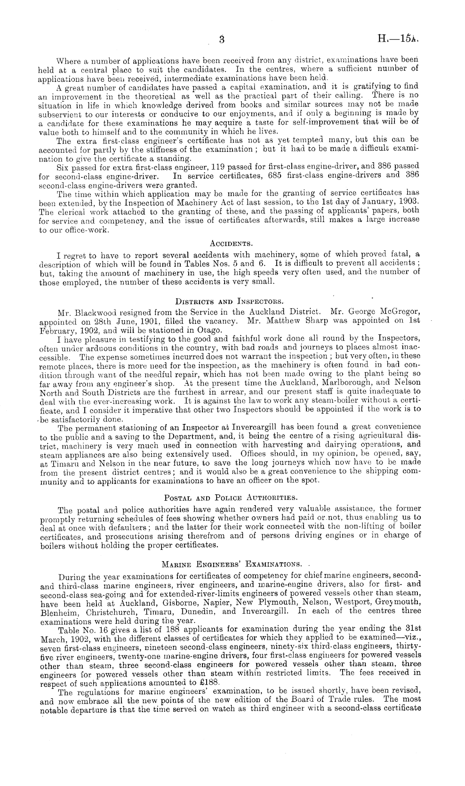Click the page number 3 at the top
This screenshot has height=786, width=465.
pyautogui.click(x=222, y=40)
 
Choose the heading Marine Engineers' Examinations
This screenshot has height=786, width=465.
pyautogui.click(x=231, y=564)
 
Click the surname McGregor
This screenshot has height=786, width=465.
pyautogui.click(x=398, y=312)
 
